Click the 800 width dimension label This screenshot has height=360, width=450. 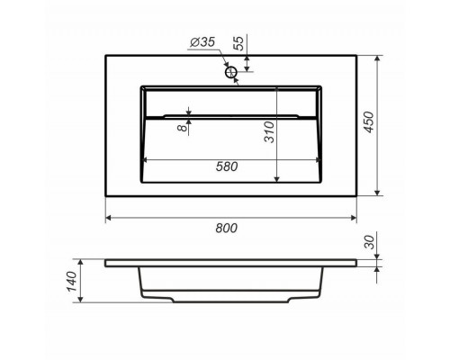[227, 229]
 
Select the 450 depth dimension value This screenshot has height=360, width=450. [369, 121]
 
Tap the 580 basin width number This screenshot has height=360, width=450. [227, 166]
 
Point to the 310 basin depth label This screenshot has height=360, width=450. [269, 131]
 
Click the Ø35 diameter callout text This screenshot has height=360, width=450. [202, 42]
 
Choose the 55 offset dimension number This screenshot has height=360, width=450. [238, 44]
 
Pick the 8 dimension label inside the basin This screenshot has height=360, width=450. [182, 128]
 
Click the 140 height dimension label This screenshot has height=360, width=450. [72, 282]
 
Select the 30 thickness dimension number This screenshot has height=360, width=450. [370, 242]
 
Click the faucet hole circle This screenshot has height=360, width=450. [231, 72]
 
